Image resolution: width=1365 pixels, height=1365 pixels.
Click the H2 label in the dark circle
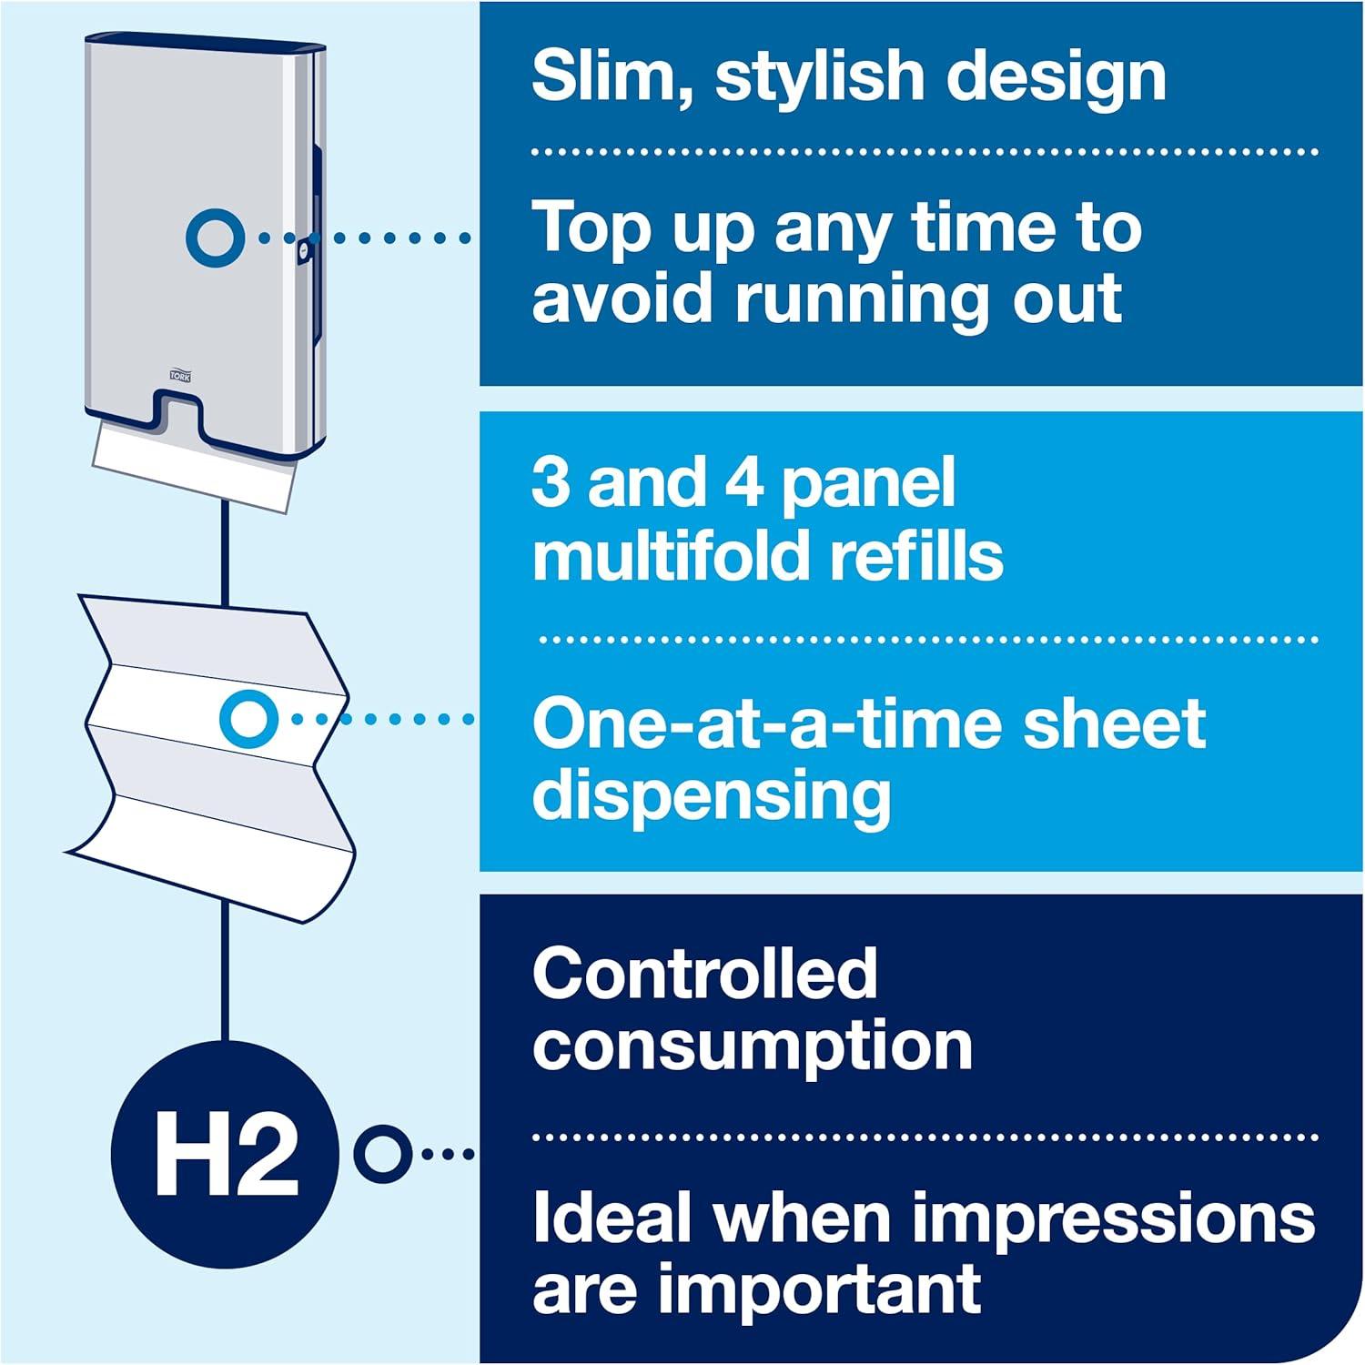click(227, 1158)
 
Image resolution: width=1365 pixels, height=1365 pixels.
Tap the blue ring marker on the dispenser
click(215, 238)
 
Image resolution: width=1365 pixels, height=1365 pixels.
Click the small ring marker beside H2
click(381, 1154)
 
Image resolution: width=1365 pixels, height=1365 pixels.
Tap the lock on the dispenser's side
click(305, 248)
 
